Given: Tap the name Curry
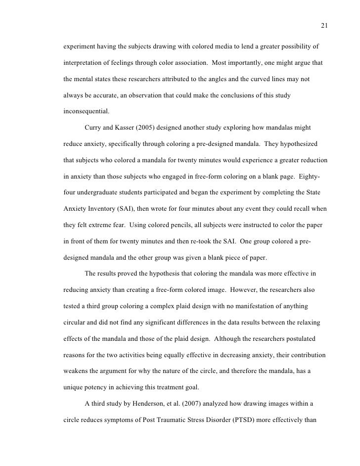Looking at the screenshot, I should [x=94, y=128].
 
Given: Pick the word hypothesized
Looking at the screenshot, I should [x=298, y=144].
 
